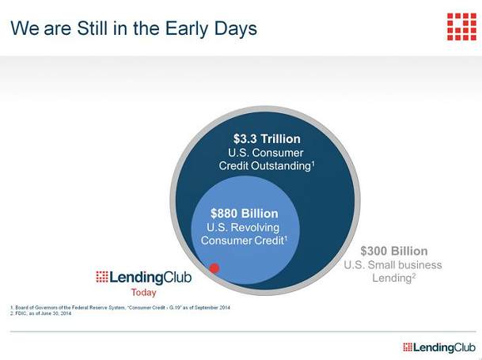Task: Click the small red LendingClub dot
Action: coord(214,268)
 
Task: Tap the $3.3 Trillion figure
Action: coord(267,139)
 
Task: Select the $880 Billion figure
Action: coord(245,214)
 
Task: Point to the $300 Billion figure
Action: coord(394,251)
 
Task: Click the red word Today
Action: coord(143,292)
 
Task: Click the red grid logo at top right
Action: coord(461,27)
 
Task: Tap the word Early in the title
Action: coord(185,28)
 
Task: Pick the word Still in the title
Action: coord(93,28)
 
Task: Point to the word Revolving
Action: coord(255,228)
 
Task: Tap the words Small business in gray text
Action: coord(405,265)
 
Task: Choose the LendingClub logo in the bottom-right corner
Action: coord(439,347)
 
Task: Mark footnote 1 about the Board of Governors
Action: coord(120,308)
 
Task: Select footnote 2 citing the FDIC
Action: coord(40,313)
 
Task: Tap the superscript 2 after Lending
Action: coord(414,275)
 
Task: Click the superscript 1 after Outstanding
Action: coord(313,164)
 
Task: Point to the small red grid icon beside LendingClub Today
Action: coord(102,277)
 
